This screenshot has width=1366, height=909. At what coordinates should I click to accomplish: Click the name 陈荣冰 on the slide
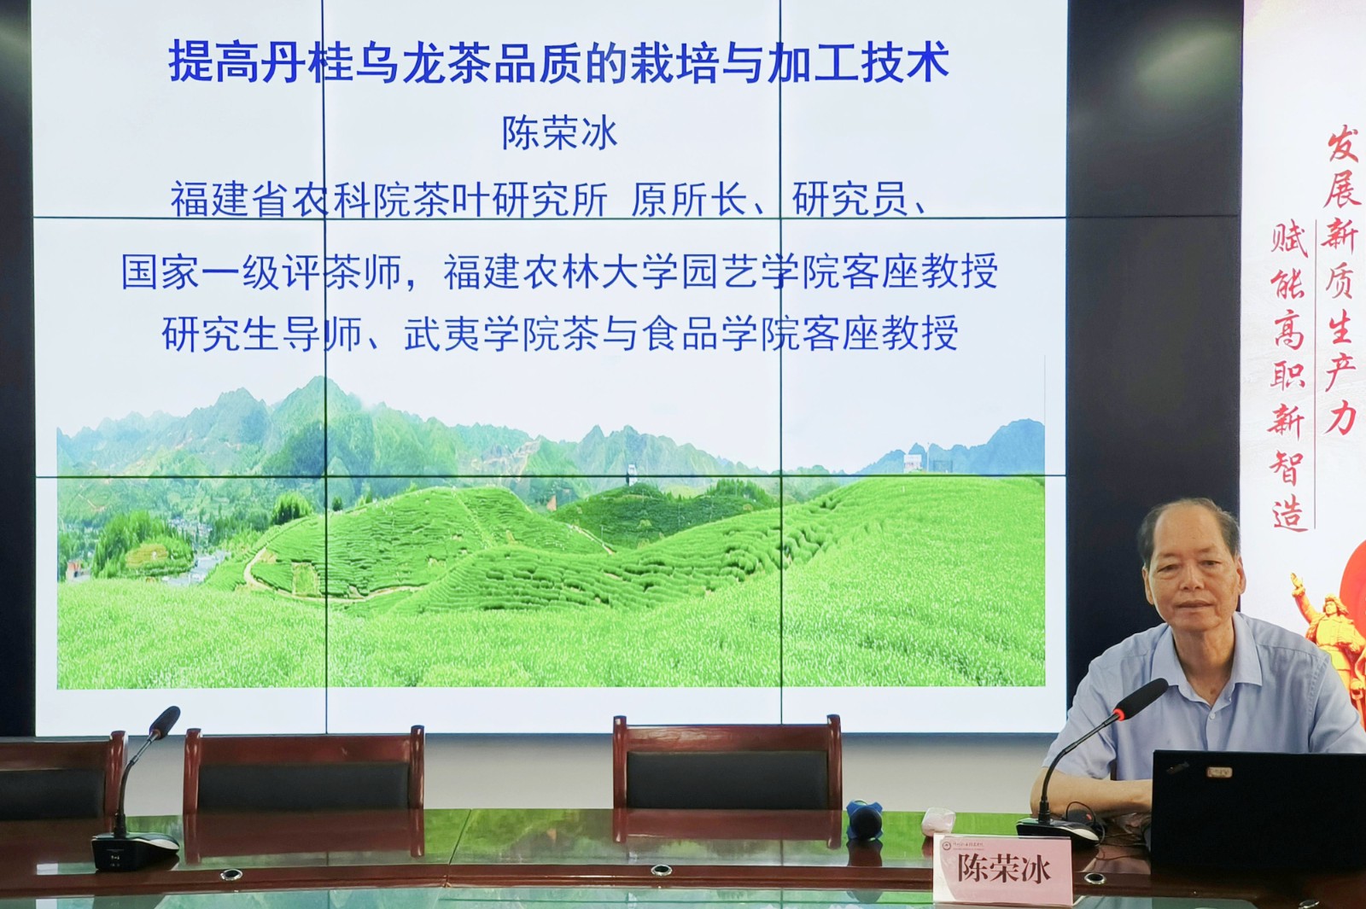click(x=559, y=133)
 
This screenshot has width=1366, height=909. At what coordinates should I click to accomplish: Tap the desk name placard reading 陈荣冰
click(x=1002, y=870)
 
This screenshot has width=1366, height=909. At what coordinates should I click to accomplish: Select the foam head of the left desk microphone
click(x=166, y=721)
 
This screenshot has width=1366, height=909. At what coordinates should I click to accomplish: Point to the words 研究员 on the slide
click(x=849, y=200)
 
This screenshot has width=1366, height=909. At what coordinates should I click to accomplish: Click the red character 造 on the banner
click(x=1289, y=512)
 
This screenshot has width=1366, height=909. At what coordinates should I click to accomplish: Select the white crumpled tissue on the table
click(x=938, y=821)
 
